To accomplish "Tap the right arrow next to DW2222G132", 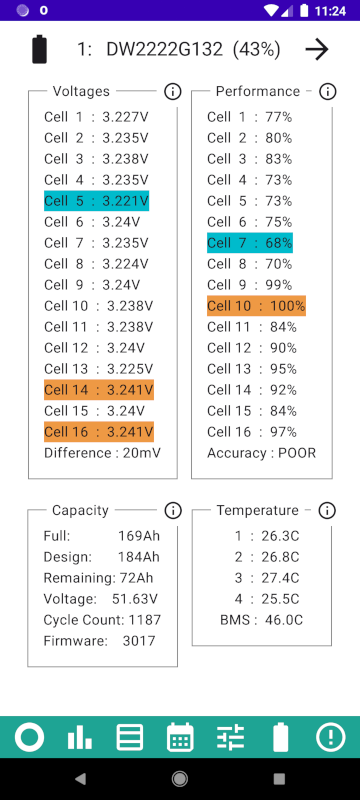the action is [x=317, y=49].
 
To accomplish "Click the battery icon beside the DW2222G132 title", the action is [x=40, y=49].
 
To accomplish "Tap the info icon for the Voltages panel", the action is [x=173, y=92].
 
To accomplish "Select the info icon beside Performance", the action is [x=327, y=92].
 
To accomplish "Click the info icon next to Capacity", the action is [x=173, y=510].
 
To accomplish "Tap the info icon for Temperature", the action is [x=327, y=510].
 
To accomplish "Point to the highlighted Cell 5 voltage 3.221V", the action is [x=96, y=201].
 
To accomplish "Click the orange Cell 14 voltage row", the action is [x=99, y=390].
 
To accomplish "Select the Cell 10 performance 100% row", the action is [x=256, y=306].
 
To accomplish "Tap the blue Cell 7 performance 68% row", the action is [x=250, y=242].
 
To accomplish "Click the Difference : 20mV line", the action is [x=102, y=453].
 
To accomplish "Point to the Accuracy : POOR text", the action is [x=262, y=453].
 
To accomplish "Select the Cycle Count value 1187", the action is [x=144, y=620].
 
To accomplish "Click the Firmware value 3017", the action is [x=139, y=641].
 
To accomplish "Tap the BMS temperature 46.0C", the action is [x=262, y=620].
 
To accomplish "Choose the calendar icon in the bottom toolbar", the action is [x=180, y=737].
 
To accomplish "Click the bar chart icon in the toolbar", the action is [x=80, y=738].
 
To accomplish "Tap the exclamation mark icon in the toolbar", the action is [x=330, y=737].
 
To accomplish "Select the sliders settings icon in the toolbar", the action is [x=231, y=738].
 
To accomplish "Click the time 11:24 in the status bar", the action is [x=330, y=11].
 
